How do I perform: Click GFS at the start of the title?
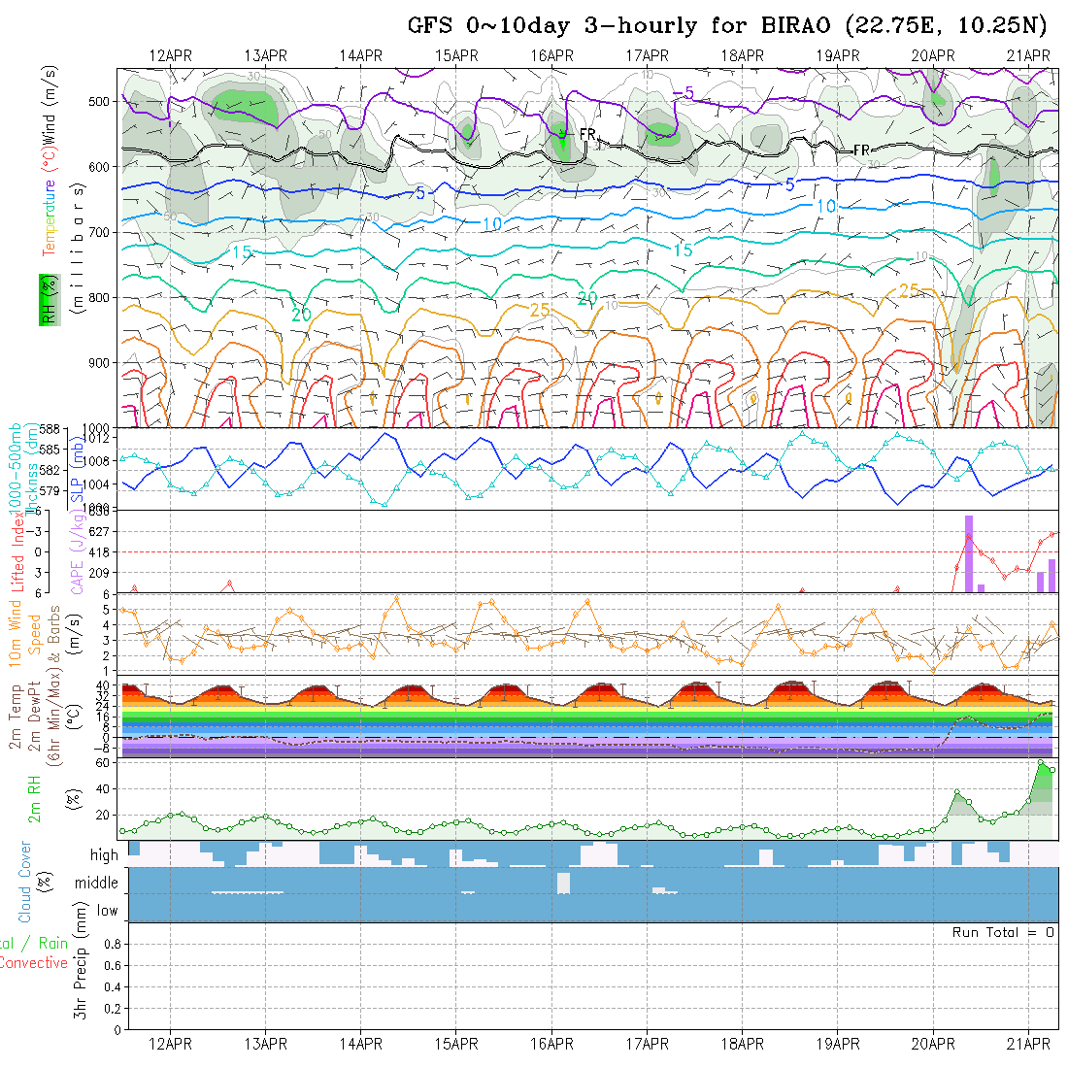point(430,25)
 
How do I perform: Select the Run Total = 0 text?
point(1003,932)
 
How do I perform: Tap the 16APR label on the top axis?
point(552,55)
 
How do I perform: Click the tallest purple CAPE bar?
point(968,552)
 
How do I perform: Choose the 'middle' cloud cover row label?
point(96,883)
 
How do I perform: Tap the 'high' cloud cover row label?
point(104,855)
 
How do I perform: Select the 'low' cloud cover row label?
point(107,911)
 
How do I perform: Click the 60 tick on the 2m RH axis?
point(100,763)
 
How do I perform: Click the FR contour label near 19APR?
point(861,150)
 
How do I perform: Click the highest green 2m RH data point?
point(1041,763)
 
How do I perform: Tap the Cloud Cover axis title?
point(25,882)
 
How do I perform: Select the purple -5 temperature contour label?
point(684,92)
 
